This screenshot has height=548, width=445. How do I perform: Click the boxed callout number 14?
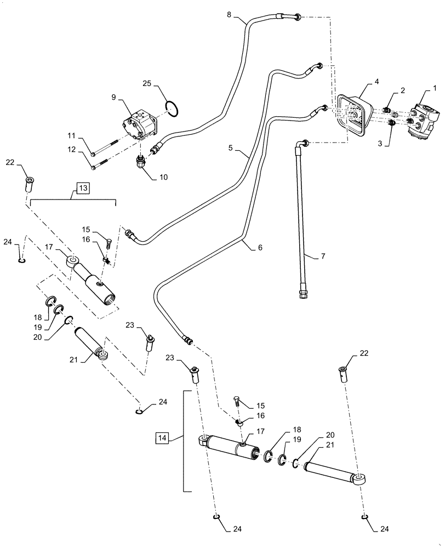(x=163, y=438)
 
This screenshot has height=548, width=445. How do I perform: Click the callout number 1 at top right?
(x=435, y=88)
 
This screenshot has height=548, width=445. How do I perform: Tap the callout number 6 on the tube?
(x=260, y=247)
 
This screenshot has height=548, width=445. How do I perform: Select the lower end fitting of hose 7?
(x=303, y=294)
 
